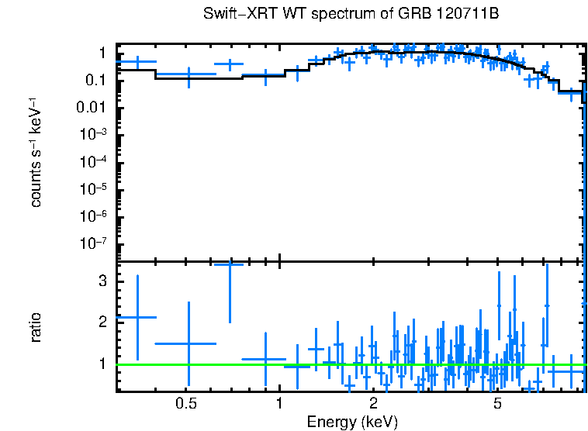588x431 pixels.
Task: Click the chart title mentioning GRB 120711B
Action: (x=350, y=14)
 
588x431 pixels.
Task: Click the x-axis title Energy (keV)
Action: (x=351, y=422)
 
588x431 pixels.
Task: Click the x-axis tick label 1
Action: (x=278, y=403)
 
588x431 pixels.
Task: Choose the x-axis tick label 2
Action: (x=373, y=403)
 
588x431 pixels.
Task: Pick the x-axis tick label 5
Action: (x=497, y=403)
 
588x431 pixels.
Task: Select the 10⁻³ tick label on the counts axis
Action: (x=94, y=134)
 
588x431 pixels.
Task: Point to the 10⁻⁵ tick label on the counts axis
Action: (x=94, y=188)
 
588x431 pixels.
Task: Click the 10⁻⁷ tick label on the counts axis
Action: (x=94, y=243)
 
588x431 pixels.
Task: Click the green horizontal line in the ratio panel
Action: (x=349, y=364)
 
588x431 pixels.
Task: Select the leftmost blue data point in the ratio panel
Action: (x=137, y=317)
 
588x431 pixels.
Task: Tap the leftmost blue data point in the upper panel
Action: (x=137, y=61)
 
